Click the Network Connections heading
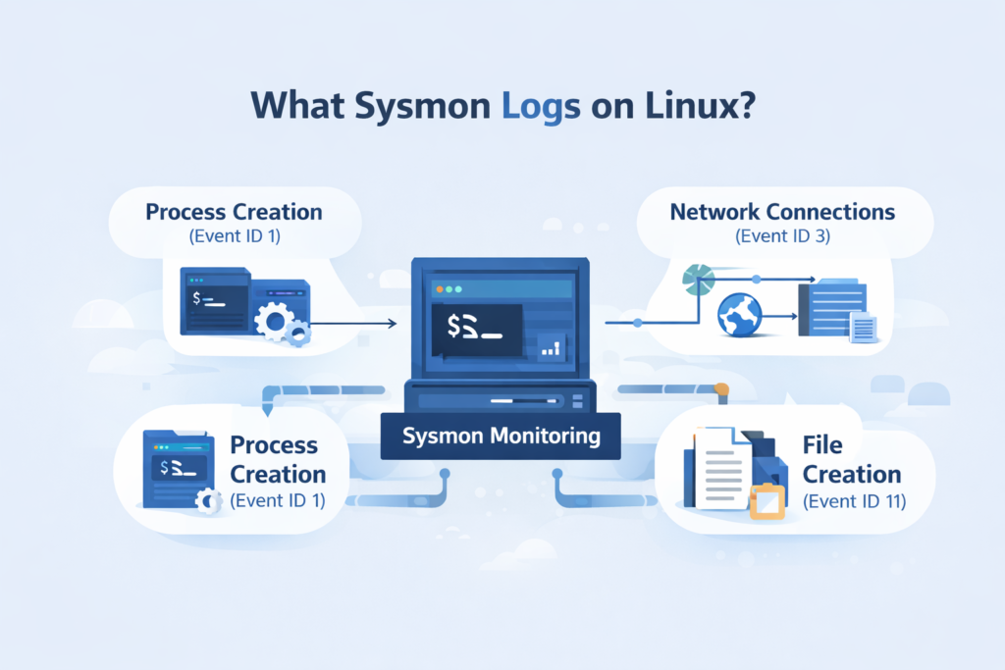pyautogui.click(x=781, y=212)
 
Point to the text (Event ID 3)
pyautogui.click(x=781, y=236)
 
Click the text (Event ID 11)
pyautogui.click(x=853, y=501)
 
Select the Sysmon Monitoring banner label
pyautogui.click(x=501, y=435)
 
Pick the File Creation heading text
pyautogui.click(x=851, y=460)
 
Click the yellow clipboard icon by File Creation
pyautogui.click(x=766, y=500)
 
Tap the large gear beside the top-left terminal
pyautogui.click(x=274, y=321)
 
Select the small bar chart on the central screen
pyautogui.click(x=549, y=345)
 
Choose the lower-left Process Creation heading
pyautogui.click(x=278, y=459)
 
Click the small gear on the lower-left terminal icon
pyautogui.click(x=207, y=501)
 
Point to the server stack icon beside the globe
pyautogui.click(x=831, y=307)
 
